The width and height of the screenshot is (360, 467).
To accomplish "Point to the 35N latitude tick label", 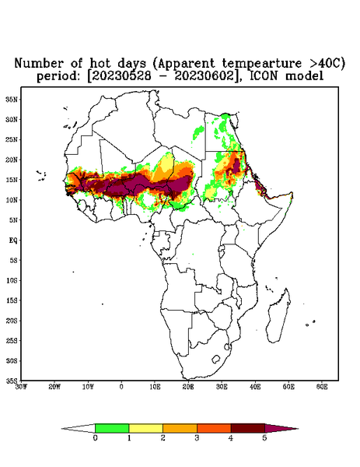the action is click(12, 100).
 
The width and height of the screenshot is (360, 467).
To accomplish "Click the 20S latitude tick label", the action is click(12, 321).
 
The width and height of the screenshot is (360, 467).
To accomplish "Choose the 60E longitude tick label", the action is click(322, 387).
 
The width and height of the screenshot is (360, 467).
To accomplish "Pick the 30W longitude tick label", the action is click(21, 387).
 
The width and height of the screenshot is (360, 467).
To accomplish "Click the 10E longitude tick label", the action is click(155, 387).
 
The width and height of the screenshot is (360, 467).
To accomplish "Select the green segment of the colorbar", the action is click(112, 428).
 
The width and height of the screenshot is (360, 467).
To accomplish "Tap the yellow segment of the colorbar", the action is click(145, 428).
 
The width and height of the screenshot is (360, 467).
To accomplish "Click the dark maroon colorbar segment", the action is click(248, 428).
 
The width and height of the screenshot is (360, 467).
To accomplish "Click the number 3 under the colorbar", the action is click(197, 438).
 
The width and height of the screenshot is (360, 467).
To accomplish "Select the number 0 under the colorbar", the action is click(95, 438).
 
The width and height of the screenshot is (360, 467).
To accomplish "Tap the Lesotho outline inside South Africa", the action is click(216, 359).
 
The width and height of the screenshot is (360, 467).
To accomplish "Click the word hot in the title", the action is click(101, 64).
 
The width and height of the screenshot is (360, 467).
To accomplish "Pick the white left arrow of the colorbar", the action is click(79, 428).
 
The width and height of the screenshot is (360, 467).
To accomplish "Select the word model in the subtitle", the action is click(304, 76).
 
